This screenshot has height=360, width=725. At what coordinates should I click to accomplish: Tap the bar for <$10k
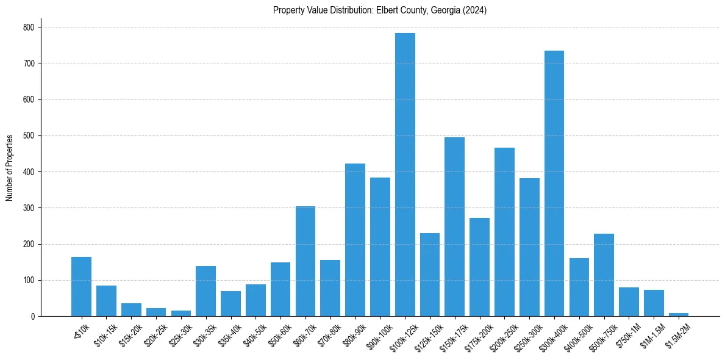click(81, 287)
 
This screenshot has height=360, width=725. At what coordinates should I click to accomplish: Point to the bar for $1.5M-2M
click(679, 314)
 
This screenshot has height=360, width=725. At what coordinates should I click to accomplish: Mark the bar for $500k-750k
click(604, 275)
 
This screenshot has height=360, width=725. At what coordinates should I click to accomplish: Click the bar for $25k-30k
click(181, 314)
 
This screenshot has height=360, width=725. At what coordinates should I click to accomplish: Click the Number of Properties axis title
click(9, 168)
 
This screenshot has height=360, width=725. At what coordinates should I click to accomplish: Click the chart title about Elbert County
click(380, 10)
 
